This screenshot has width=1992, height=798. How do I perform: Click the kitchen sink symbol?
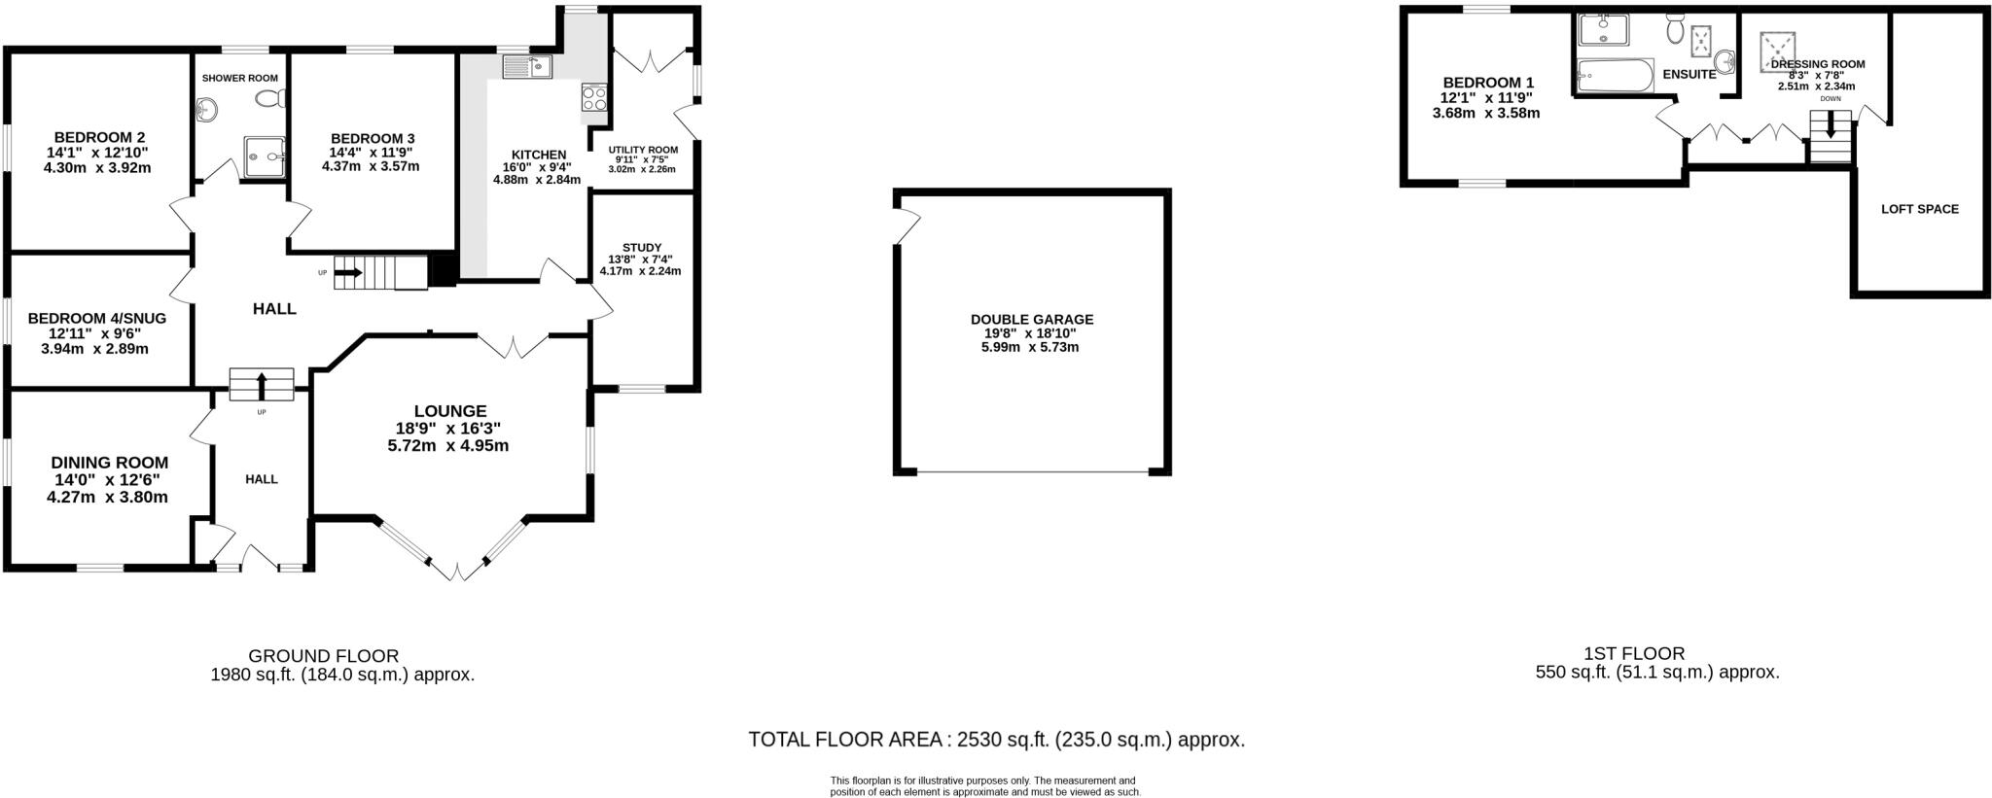point(527,66)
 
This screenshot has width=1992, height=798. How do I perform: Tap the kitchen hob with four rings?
point(594,97)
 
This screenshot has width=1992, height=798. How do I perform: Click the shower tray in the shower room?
point(265,156)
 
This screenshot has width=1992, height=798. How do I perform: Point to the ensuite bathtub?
point(1615,75)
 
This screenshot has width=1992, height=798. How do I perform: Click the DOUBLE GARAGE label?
point(1031,319)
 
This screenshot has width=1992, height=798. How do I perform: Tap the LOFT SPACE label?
point(1919,209)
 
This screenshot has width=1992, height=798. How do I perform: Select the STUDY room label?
point(641,248)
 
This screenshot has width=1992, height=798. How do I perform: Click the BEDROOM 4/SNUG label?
point(97,318)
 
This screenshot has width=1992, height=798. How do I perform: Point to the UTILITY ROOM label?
point(643,150)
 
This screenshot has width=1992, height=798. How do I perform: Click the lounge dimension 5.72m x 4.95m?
point(447,446)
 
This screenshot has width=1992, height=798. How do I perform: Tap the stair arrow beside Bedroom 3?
point(347,273)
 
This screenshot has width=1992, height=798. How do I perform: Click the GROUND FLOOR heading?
point(323,656)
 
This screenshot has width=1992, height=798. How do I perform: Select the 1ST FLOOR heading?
point(1633,654)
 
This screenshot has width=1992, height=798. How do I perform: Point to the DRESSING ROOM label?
point(1817,64)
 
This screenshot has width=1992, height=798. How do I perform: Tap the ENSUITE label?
point(1690,74)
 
